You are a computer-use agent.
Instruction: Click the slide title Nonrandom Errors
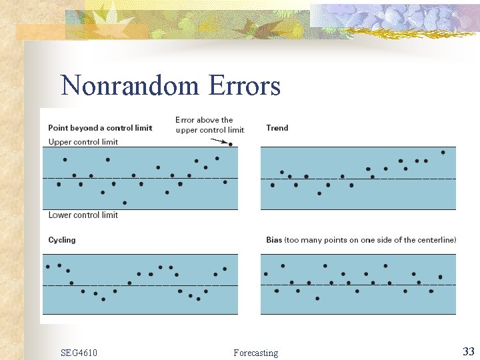[170, 86]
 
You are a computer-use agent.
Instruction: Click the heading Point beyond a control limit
[100, 128]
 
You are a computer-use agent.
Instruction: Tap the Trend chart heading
[277, 128]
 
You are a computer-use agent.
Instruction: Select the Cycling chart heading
[62, 240]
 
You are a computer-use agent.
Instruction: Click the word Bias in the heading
[274, 240]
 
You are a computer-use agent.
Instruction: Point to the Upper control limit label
[83, 142]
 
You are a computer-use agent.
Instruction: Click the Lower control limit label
[83, 215]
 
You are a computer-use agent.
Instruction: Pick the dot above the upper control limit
[230, 144]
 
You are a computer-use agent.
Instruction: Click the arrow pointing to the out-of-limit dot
[219, 141]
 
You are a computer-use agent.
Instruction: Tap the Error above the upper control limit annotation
[209, 125]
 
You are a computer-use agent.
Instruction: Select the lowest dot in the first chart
[125, 203]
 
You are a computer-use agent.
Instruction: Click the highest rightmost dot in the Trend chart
[443, 152]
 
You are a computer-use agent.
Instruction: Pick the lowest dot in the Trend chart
[319, 193]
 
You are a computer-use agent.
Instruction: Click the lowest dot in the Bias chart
[317, 298]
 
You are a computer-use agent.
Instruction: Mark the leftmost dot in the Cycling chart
[48, 267]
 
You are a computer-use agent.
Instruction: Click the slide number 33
[468, 351]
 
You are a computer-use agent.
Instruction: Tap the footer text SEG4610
[79, 353]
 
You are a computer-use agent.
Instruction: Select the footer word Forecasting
[256, 353]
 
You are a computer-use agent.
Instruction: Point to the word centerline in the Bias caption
[435, 240]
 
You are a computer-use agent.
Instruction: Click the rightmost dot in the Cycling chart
[225, 269]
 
